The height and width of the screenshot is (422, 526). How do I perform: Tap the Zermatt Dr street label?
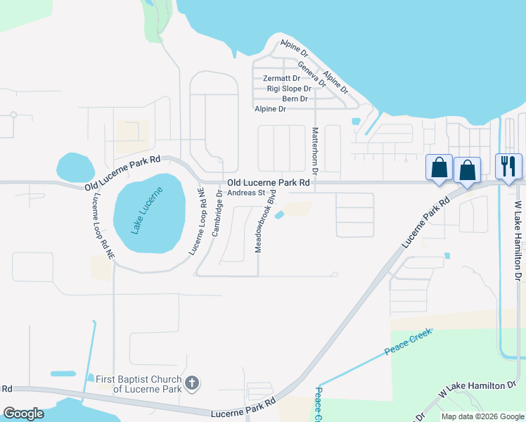281,78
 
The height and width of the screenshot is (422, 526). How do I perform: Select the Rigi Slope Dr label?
289,89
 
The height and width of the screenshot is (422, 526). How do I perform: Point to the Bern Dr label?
295,98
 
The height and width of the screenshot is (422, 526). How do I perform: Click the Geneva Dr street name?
312,73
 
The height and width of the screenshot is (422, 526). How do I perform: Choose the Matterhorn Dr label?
316,151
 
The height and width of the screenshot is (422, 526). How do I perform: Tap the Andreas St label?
245,192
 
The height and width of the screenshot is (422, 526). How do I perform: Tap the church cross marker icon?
191,384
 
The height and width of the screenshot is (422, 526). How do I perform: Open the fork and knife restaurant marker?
509,167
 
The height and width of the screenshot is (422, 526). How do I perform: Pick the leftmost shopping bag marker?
440,169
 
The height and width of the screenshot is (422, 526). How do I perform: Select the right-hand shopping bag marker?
468,170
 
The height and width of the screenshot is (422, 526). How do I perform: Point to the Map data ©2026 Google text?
482,416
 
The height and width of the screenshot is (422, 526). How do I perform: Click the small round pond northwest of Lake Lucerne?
75,167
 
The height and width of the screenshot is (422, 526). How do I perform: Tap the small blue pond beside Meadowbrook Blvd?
279,215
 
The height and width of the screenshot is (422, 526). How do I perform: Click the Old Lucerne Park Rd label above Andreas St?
268,182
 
